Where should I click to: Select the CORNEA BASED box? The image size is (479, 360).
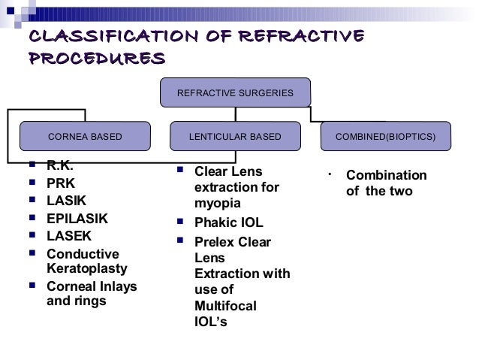(x=85, y=138)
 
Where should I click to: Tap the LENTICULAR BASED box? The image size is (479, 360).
(x=235, y=138)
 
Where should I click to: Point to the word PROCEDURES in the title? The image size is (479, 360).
(x=95, y=58)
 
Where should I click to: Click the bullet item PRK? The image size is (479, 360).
(x=61, y=183)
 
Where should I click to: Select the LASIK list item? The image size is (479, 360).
(x=66, y=201)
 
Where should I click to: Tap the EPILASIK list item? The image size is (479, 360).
(x=77, y=219)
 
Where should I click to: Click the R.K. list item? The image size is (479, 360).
(x=60, y=165)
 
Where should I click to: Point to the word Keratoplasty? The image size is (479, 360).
(x=87, y=268)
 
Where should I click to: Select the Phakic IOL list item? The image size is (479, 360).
(x=229, y=223)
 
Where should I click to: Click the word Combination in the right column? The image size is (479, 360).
(x=386, y=176)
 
